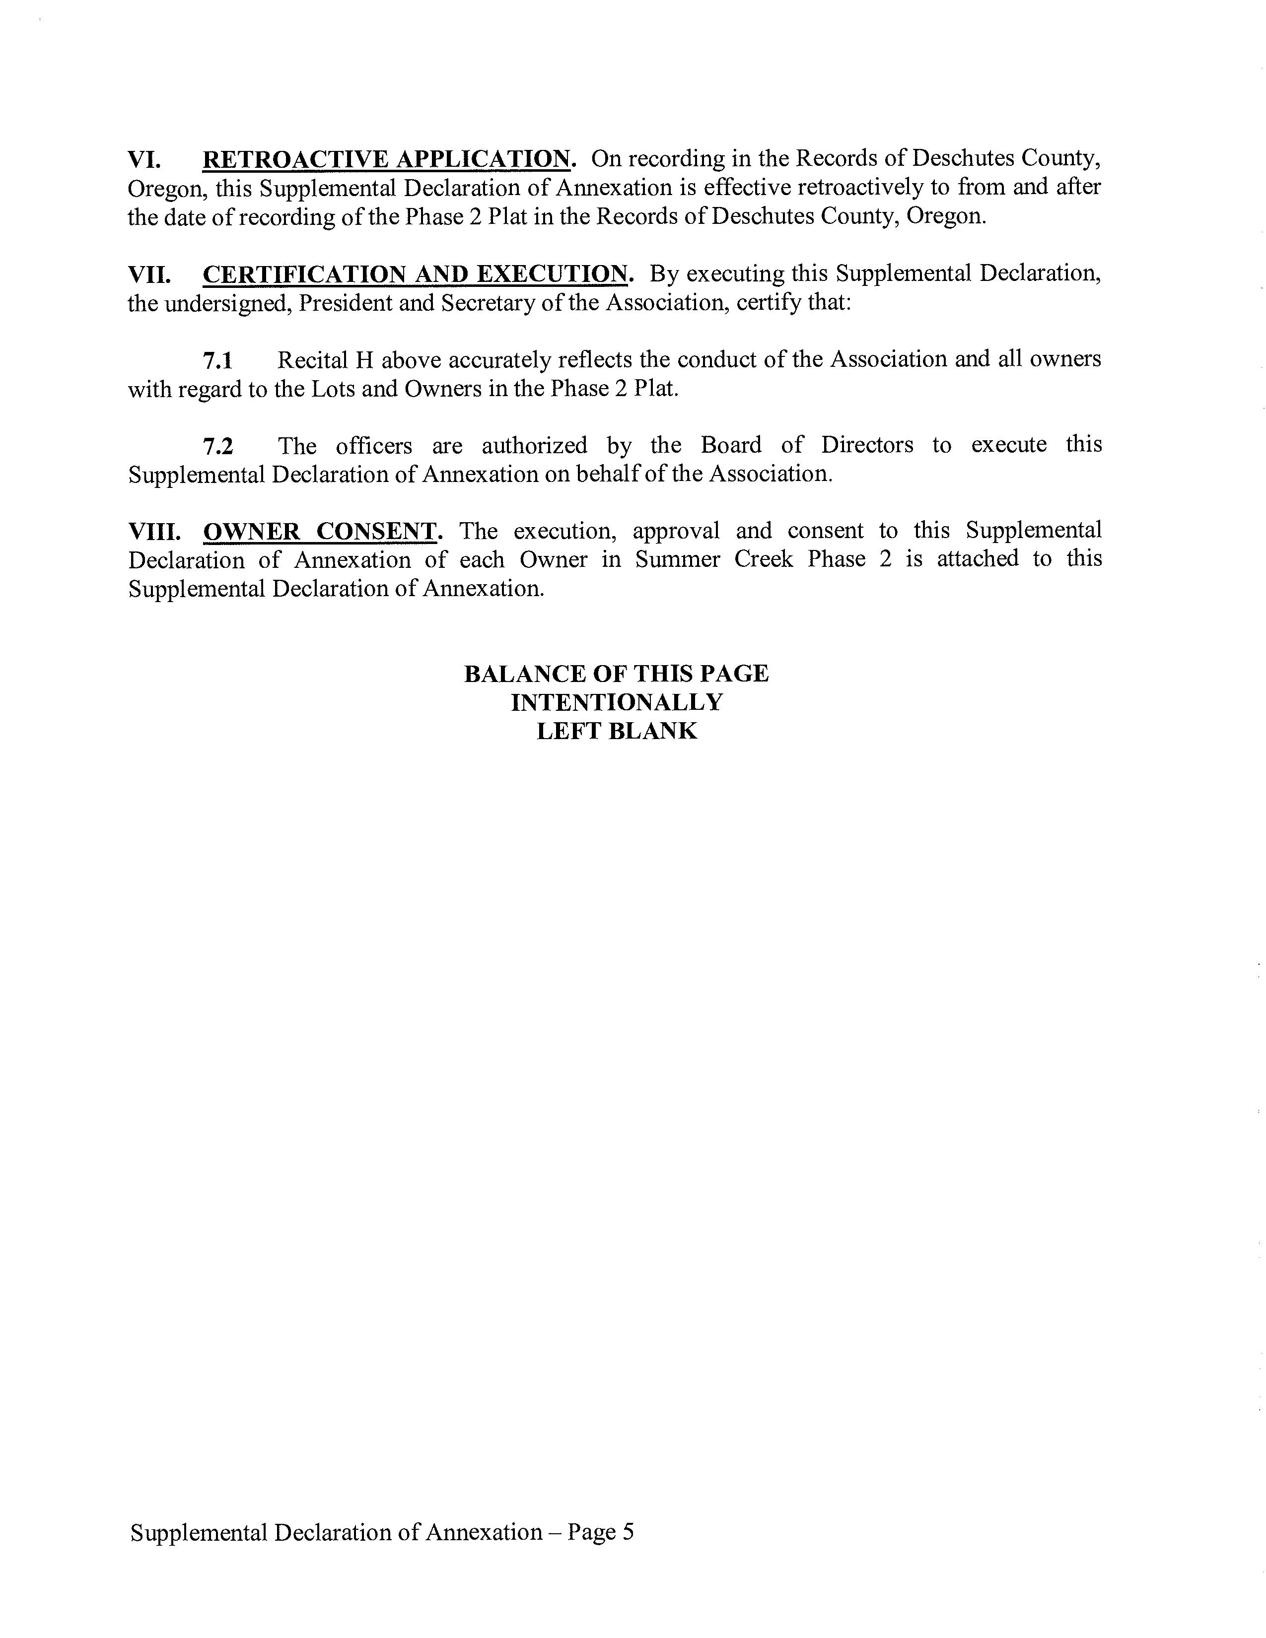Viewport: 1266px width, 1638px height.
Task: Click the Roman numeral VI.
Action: point(145,160)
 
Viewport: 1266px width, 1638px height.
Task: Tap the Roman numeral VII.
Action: point(149,275)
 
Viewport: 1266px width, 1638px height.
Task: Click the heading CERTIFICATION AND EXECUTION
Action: point(415,275)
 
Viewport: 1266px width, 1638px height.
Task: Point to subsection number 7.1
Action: point(217,361)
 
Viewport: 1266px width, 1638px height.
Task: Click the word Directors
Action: point(867,446)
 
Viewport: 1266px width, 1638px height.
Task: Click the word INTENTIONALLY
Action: point(617,703)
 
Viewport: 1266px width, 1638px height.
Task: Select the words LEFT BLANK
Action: point(617,731)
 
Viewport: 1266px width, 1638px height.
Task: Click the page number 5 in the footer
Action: point(628,1532)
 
